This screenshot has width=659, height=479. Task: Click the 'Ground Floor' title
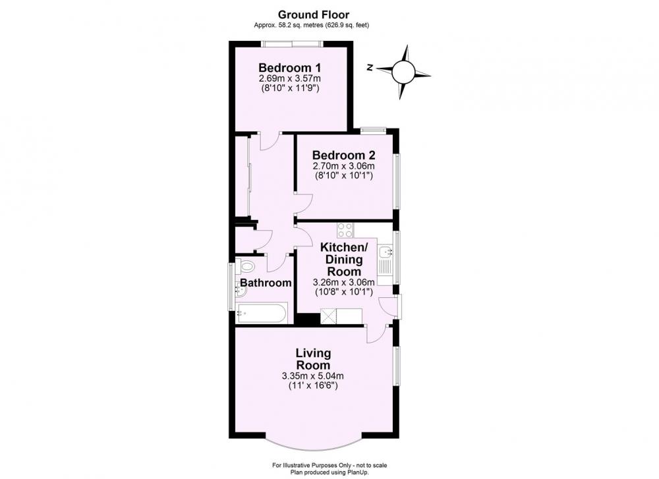click(x=314, y=14)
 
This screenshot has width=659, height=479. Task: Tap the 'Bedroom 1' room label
click(x=290, y=67)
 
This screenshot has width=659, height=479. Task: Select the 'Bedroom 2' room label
click(x=344, y=155)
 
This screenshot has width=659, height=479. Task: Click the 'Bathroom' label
click(x=266, y=283)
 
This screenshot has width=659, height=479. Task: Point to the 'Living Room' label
click(x=313, y=359)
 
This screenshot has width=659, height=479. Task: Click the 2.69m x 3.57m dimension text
click(x=290, y=78)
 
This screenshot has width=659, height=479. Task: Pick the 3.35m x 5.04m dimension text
click(x=313, y=376)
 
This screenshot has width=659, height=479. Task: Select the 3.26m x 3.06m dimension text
click(x=344, y=282)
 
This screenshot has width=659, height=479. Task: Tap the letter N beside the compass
click(x=370, y=68)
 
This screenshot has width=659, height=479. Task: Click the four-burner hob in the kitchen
click(x=345, y=230)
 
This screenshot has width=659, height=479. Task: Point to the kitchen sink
click(x=386, y=252)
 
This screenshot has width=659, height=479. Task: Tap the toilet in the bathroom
click(x=245, y=266)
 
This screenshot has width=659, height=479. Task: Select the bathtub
click(x=262, y=313)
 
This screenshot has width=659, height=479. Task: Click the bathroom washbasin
click(x=241, y=289)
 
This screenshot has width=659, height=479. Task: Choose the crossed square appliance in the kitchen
click(x=329, y=316)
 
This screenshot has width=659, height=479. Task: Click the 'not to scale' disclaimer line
click(x=329, y=465)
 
